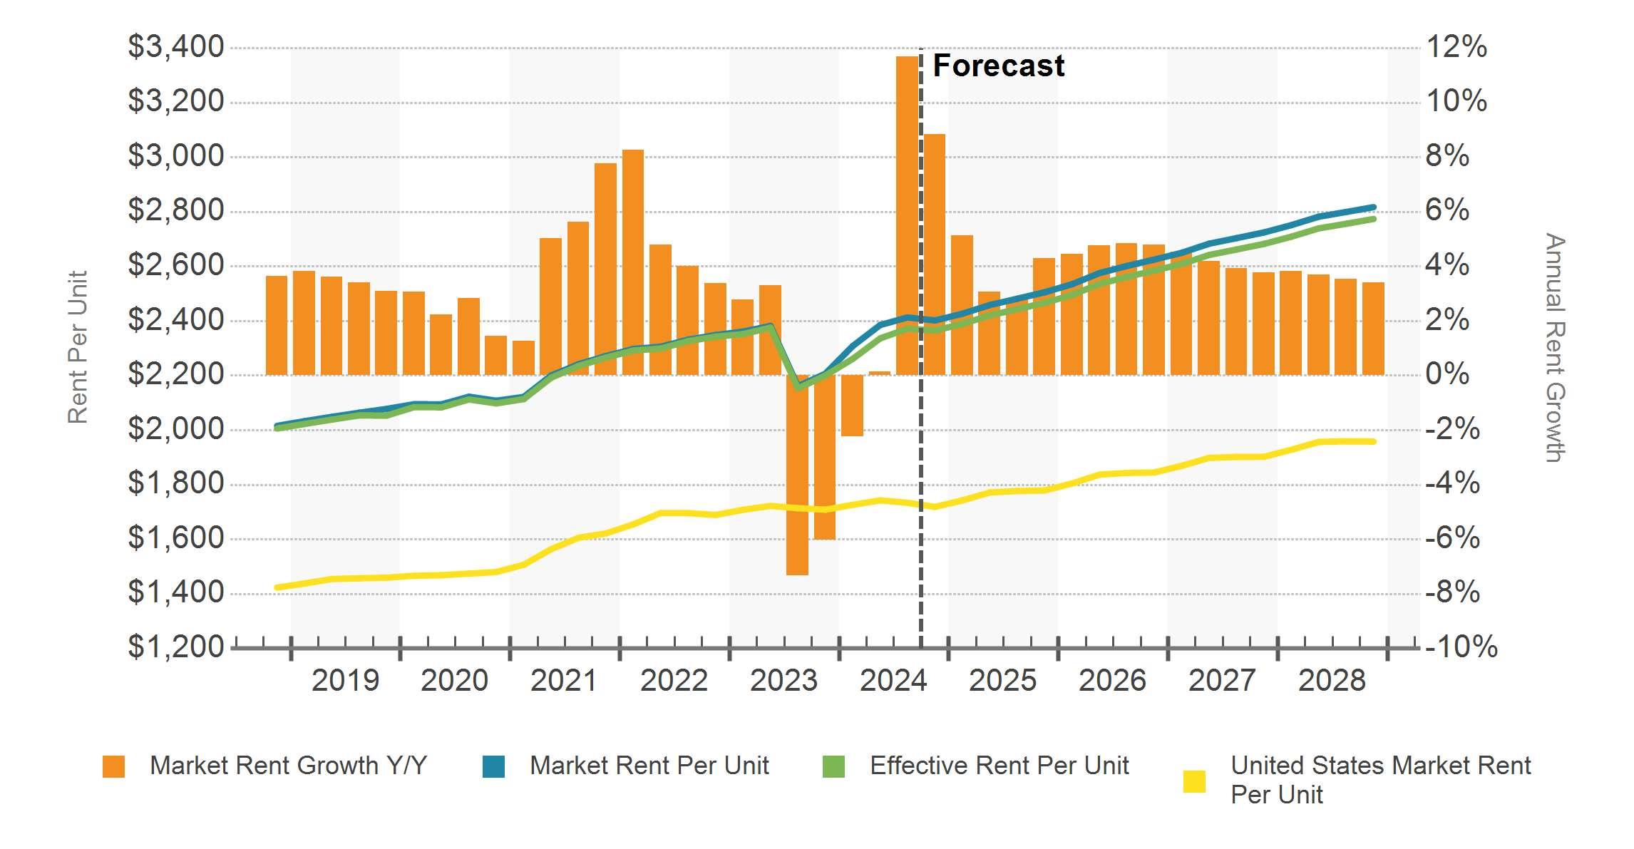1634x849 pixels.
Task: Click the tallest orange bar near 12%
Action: point(907,214)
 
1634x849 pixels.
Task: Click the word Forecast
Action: point(998,66)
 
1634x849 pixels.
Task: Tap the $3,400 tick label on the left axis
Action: point(175,47)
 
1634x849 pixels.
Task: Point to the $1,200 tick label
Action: point(175,647)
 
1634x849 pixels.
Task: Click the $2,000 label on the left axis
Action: point(175,429)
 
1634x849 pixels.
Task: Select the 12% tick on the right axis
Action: point(1456,47)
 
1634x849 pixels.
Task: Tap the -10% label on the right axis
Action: point(1460,647)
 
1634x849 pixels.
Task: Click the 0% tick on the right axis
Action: point(1447,374)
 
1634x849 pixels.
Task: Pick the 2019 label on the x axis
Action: point(345,681)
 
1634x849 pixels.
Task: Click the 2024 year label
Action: point(893,681)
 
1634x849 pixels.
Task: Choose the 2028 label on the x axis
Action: point(1332,681)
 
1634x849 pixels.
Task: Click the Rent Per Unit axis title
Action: point(77,347)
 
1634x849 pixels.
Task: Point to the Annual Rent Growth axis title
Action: point(1554,347)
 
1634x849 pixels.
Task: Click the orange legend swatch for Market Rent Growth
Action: point(113,766)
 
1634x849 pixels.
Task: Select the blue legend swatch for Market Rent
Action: point(493,766)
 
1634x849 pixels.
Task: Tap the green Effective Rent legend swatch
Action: point(833,766)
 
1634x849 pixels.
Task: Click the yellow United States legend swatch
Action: point(1194,781)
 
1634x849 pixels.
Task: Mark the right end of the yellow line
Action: point(1373,442)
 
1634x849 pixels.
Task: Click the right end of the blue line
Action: point(1373,207)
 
